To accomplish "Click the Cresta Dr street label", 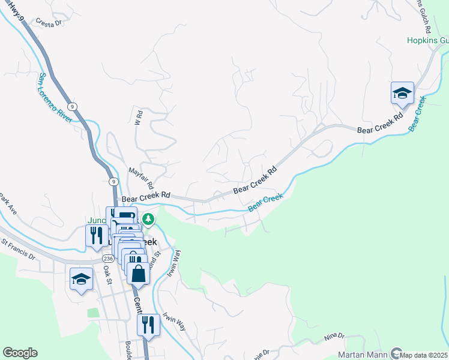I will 49,23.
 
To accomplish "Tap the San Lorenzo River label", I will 55,98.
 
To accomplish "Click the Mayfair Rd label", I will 142,178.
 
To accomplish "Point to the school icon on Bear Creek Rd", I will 402,94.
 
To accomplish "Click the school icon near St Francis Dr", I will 81,280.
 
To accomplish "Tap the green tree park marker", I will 148,220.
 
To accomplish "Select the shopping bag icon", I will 138,274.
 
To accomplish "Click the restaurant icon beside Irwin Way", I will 148,325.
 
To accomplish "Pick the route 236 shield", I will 108,258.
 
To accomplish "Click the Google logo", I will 20,353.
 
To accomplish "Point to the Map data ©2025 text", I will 424,355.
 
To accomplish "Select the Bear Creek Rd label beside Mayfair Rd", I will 146,196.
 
